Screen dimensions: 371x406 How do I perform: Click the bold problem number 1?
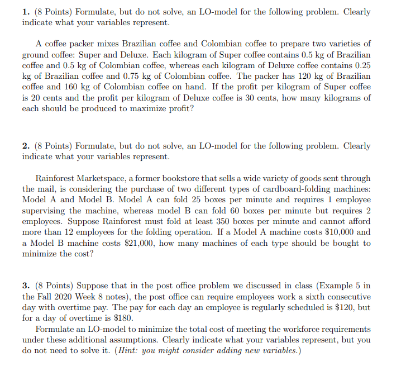[25, 12]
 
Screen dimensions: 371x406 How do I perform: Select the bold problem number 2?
[25, 146]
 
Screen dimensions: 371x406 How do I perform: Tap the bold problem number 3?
[25, 286]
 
